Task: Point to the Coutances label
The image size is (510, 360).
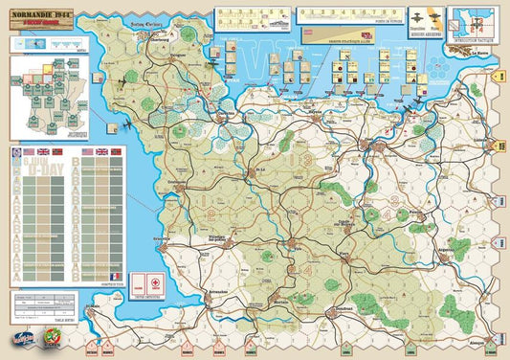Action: point(177,181)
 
